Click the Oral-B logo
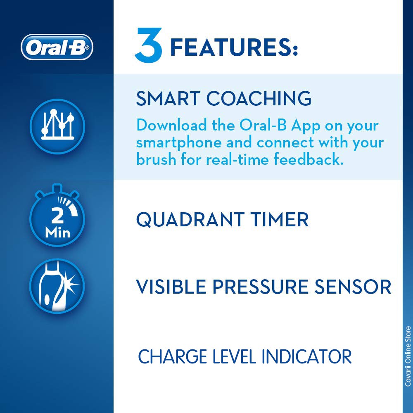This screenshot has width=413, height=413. point(57,47)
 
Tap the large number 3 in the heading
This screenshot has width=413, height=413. point(148,45)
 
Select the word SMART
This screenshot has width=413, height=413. point(168,99)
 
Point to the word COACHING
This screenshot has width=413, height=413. point(259,99)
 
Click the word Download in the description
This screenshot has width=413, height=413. point(171,125)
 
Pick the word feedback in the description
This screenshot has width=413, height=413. point(309,159)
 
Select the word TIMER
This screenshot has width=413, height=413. point(280,219)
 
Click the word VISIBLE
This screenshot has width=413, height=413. point(171,287)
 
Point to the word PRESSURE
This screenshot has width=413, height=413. point(260,287)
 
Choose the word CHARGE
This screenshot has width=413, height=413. point(173,357)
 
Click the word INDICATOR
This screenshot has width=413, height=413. point(306,357)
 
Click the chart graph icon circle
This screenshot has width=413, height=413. point(57,126)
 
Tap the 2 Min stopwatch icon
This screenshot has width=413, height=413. point(57,216)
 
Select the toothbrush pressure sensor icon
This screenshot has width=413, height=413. point(57,286)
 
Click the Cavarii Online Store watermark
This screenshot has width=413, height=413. point(408,356)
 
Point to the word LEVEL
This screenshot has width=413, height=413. point(234,357)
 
